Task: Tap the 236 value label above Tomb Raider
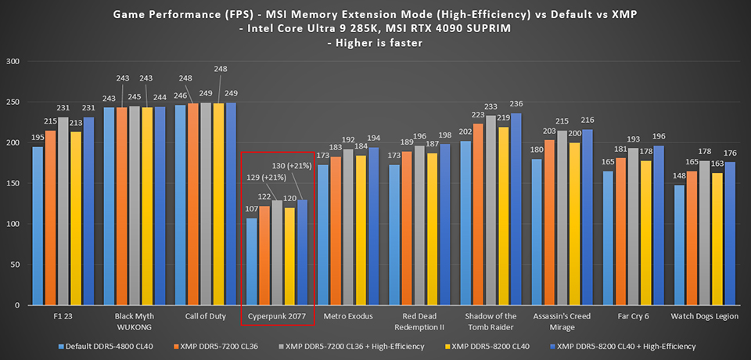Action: point(516,104)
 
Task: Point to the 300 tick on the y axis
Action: point(13,61)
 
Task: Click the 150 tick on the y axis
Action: point(13,183)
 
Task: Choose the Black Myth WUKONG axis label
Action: point(134,321)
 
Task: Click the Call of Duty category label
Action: point(205,316)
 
